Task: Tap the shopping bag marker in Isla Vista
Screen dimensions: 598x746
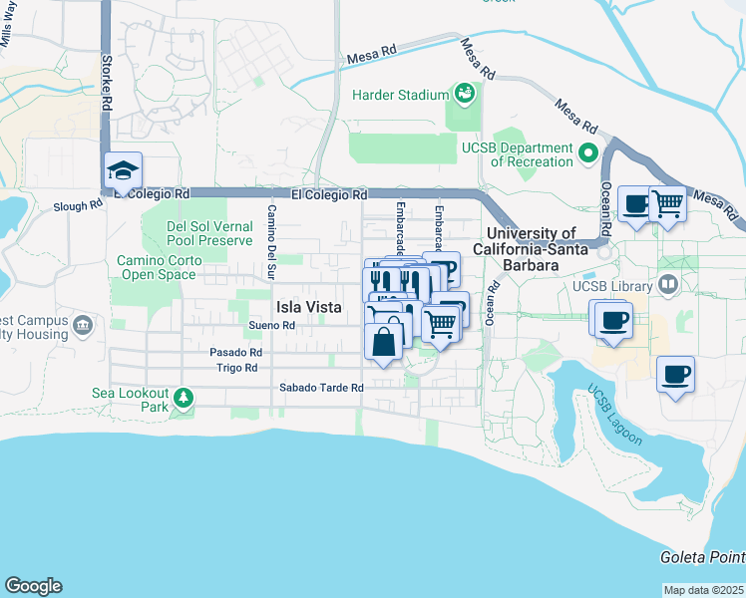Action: point(383,342)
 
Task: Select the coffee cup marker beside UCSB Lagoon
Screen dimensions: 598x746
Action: point(675,375)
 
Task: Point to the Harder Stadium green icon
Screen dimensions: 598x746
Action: point(464,95)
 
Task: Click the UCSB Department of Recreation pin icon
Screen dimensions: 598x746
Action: point(587,154)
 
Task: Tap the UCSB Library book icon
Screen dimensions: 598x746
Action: point(668,286)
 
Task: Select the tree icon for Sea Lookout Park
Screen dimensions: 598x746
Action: point(183,399)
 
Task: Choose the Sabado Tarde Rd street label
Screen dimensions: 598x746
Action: point(320,387)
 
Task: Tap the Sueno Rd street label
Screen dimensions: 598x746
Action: point(272,325)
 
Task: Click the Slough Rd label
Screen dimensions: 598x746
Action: point(78,206)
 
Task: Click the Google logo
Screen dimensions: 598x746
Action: point(33,586)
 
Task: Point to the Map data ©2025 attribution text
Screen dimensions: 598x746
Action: point(703,590)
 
